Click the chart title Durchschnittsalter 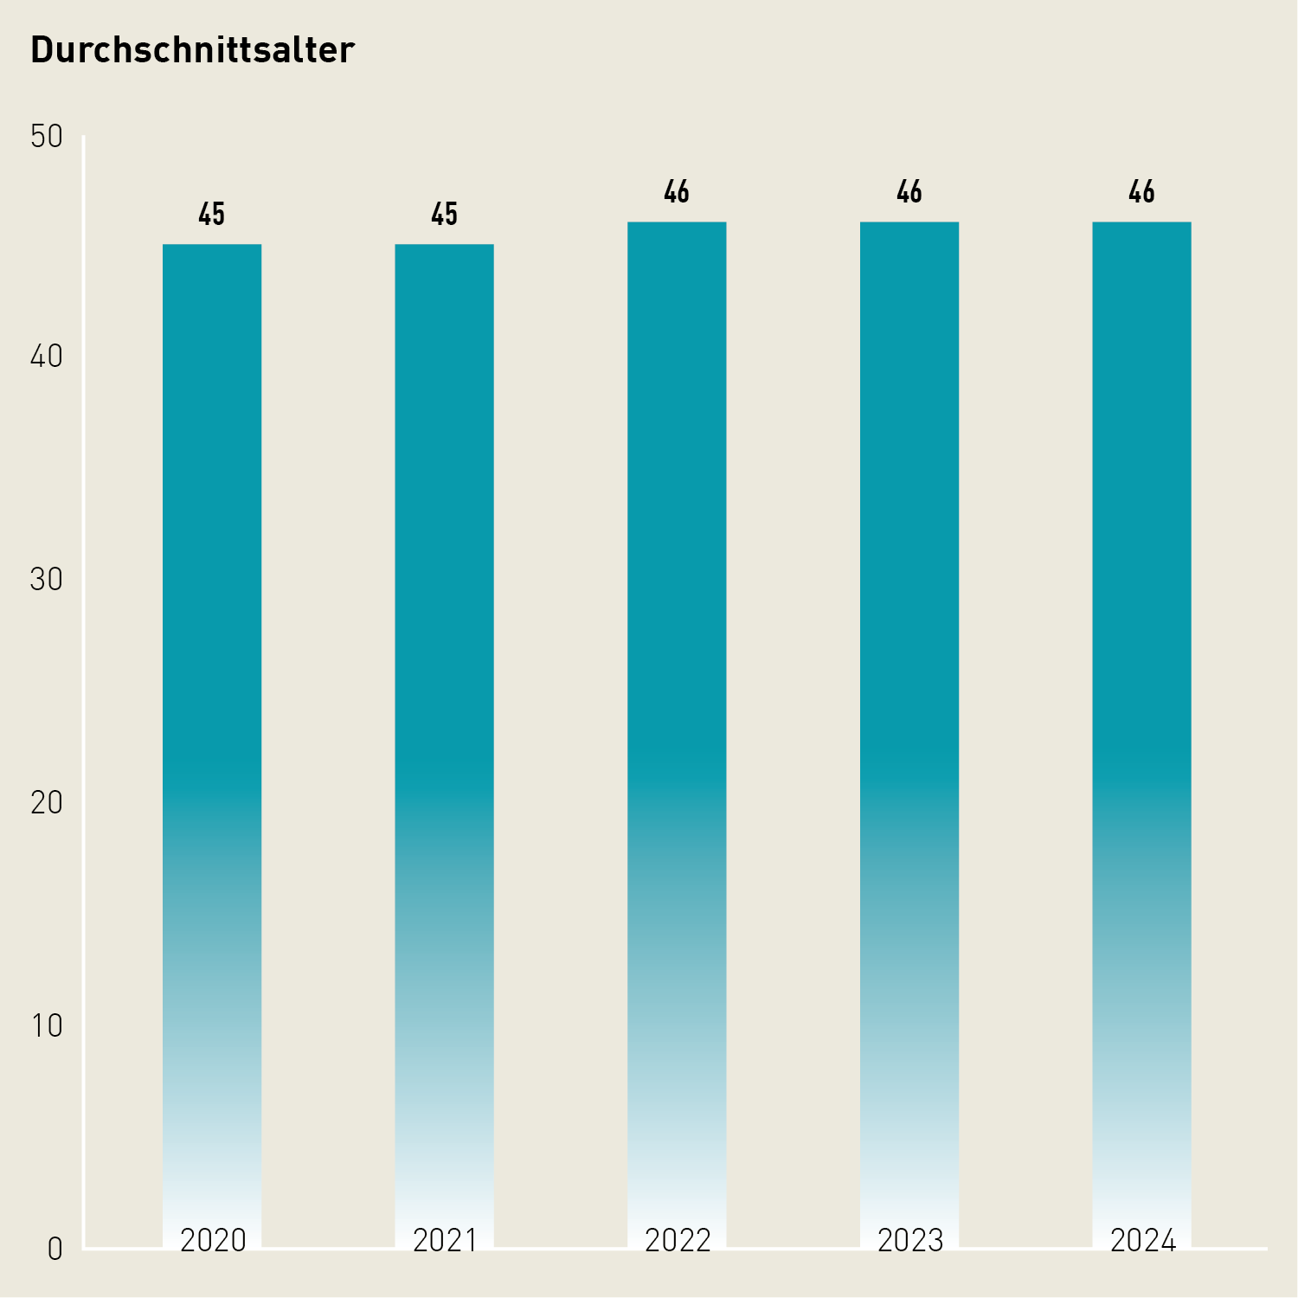pyautogui.click(x=192, y=50)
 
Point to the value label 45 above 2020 pyautogui.click(x=212, y=214)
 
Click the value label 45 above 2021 pyautogui.click(x=444, y=214)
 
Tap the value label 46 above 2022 pyautogui.click(x=677, y=191)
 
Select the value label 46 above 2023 pyautogui.click(x=909, y=191)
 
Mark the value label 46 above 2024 pyautogui.click(x=1141, y=191)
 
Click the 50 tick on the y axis pyautogui.click(x=47, y=136)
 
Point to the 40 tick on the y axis pyautogui.click(x=47, y=357)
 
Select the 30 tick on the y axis pyautogui.click(x=47, y=580)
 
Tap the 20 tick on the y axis pyautogui.click(x=47, y=803)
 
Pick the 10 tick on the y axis pyautogui.click(x=47, y=1026)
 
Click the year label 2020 pyautogui.click(x=213, y=1241)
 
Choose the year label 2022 pyautogui.click(x=678, y=1241)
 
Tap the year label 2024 pyautogui.click(x=1143, y=1241)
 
